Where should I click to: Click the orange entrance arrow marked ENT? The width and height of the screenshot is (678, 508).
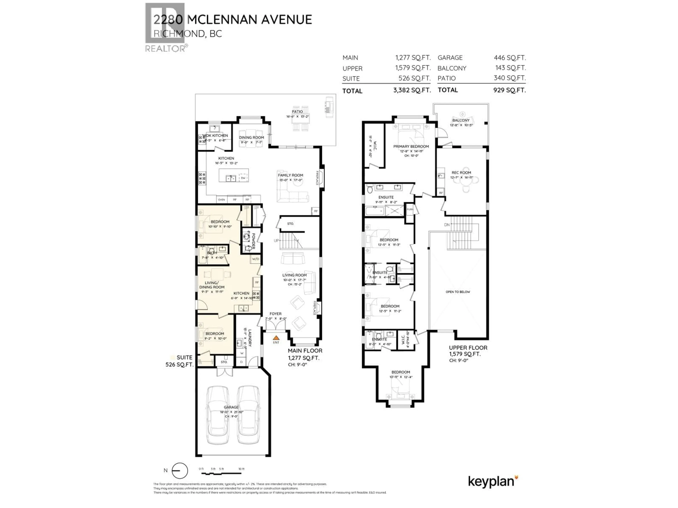click(x=276, y=338)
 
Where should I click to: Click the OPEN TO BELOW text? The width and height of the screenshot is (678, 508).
click(x=458, y=292)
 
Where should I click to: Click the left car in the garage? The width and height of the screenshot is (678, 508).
click(x=218, y=415)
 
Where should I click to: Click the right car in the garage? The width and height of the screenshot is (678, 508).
click(x=248, y=415)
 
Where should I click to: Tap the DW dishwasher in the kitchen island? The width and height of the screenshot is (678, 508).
click(x=243, y=178)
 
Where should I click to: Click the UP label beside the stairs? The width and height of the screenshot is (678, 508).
click(x=276, y=241)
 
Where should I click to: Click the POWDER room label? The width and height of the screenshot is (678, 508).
click(x=253, y=241)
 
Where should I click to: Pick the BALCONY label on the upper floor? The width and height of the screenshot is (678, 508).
click(x=461, y=120)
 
